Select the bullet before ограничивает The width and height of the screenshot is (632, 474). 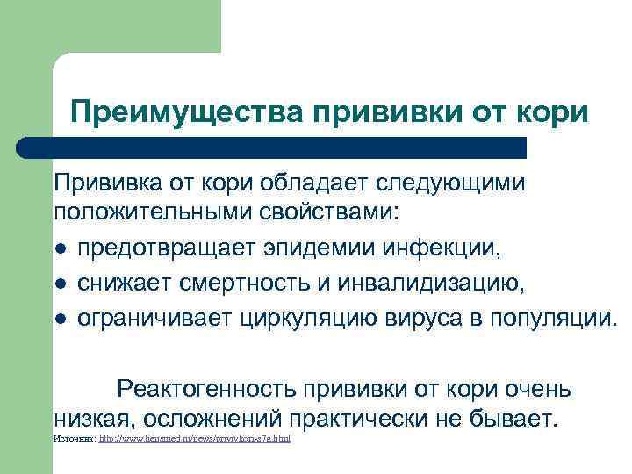coord(60,317)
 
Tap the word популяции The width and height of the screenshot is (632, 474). coord(542,316)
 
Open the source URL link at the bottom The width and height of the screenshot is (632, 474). coord(195,437)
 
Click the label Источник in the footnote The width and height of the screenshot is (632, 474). coord(75,437)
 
